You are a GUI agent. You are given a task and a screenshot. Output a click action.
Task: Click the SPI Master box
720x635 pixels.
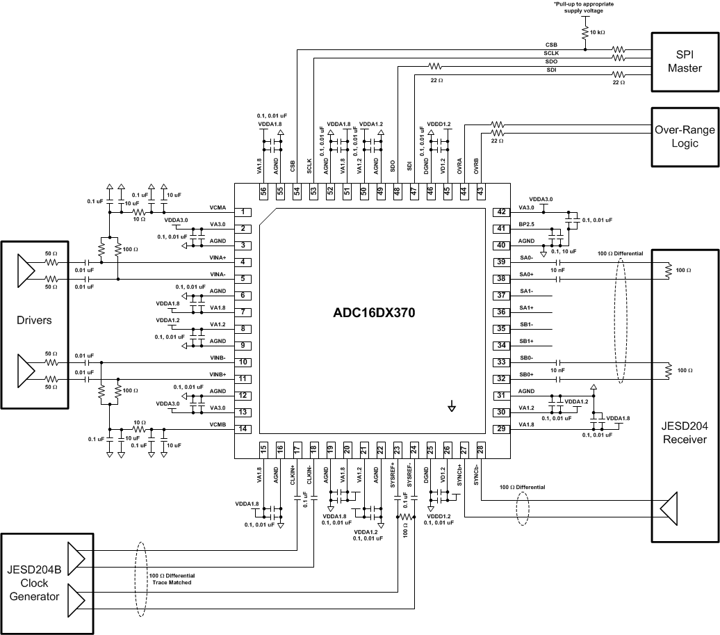tap(685, 61)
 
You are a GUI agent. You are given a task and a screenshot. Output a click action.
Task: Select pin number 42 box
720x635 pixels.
tap(500, 212)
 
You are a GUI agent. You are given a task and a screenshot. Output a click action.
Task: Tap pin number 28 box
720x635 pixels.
tap(480, 450)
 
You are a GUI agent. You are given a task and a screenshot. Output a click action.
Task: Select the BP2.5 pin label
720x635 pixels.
tap(527, 225)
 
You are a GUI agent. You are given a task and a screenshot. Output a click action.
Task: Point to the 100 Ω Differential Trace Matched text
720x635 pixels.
tap(172, 579)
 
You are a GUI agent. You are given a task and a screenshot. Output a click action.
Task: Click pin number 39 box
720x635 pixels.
tap(500, 262)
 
